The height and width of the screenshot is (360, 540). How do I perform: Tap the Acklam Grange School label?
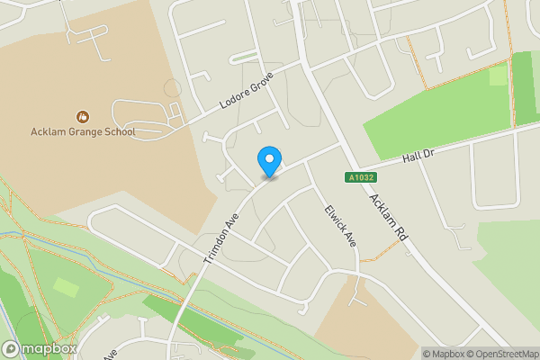[x=83, y=132]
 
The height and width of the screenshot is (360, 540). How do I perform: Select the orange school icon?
[x=83, y=116]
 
